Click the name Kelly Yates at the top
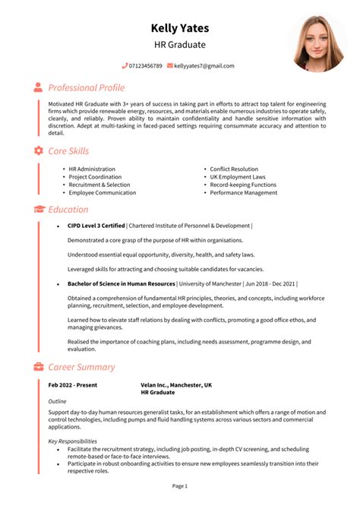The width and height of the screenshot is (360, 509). pos(179,28)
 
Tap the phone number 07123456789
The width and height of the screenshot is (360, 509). pos(145,66)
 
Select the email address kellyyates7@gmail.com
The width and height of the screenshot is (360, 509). pos(204,66)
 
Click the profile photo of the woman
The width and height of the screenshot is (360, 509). pos(318,43)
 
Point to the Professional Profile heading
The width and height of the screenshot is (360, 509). pos(86,87)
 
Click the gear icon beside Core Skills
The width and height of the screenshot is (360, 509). pos(38,151)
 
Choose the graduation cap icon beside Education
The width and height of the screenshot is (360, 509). pos(38,209)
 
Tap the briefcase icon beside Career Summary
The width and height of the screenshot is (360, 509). pos(38,367)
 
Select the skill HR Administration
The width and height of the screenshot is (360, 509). pos(92,169)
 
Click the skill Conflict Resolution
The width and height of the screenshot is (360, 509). pos(234,169)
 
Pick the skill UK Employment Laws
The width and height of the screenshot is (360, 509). pos(237,177)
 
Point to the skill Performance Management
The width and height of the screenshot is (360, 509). pos(243,193)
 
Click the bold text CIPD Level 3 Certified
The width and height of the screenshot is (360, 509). pos(96,226)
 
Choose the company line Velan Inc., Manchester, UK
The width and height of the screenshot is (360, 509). pos(176,385)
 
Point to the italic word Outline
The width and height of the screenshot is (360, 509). pos(57,400)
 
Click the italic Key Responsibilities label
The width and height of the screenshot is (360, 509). pos(72,441)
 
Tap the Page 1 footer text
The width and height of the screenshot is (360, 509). pos(179,485)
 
